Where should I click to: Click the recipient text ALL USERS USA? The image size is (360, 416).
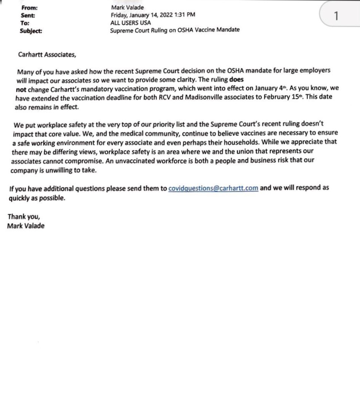(x=131, y=22)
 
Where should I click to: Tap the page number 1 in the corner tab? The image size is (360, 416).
(x=335, y=16)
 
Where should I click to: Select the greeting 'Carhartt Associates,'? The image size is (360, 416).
(x=47, y=54)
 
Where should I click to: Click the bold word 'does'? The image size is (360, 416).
(x=236, y=80)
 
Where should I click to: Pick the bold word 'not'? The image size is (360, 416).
(x=21, y=89)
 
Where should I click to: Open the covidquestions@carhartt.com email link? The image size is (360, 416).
(x=213, y=188)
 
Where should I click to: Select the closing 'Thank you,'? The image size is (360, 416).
(x=24, y=217)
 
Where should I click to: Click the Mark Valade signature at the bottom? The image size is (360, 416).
(x=26, y=226)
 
